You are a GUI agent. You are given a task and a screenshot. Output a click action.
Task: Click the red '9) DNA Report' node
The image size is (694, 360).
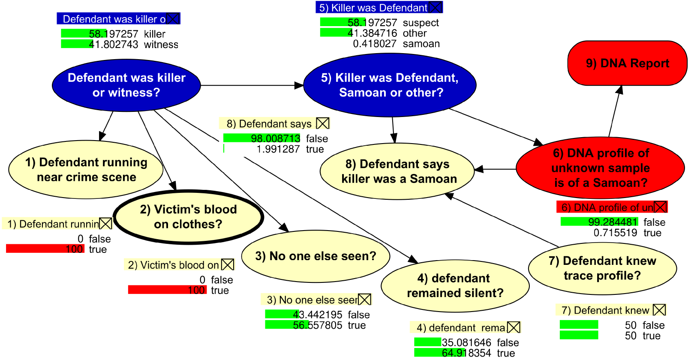click(x=627, y=63)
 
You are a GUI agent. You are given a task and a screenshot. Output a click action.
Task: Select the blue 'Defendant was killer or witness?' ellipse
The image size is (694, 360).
click(x=126, y=85)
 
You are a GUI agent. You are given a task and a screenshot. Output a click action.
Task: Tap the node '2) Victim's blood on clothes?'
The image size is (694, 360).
click(x=188, y=217)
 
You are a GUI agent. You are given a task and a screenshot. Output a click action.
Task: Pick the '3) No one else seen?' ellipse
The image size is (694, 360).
click(x=315, y=256)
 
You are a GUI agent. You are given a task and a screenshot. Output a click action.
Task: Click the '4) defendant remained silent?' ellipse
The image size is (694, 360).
click(x=455, y=286)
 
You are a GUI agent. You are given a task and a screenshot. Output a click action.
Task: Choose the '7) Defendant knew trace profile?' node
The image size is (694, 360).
click(x=602, y=268)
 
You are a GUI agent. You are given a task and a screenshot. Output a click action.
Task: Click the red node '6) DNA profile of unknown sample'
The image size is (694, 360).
click(x=600, y=168)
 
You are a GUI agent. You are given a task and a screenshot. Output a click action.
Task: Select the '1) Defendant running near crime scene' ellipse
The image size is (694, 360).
click(x=86, y=170)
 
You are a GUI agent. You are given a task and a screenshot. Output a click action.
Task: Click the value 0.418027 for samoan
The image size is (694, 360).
click(x=375, y=44)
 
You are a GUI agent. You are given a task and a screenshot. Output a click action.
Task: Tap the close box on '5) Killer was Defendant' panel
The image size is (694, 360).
click(x=435, y=7)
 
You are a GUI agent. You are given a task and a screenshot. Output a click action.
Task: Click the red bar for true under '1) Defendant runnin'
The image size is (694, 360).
click(x=45, y=249)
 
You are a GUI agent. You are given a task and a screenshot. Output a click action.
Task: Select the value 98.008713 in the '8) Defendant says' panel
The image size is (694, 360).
click(x=276, y=139)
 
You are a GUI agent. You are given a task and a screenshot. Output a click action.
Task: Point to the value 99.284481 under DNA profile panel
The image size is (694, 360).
click(x=613, y=222)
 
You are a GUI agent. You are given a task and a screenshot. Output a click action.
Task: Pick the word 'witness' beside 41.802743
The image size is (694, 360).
click(x=161, y=45)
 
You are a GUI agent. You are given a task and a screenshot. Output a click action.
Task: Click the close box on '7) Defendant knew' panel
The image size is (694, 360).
click(x=659, y=310)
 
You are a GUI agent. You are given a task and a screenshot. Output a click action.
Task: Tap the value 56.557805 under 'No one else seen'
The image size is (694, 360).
click(x=318, y=325)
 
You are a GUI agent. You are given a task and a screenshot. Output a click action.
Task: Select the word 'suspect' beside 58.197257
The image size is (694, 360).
click(x=421, y=23)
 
